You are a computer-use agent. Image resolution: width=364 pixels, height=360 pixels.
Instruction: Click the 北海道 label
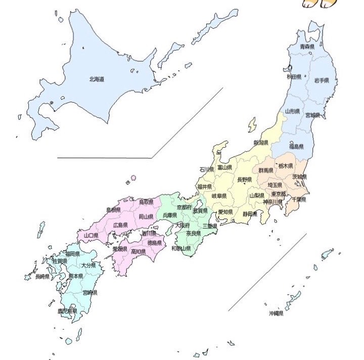point(96,79)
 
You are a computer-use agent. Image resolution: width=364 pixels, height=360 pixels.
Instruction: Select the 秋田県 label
point(294,77)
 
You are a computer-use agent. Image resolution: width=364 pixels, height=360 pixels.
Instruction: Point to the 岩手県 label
point(321,80)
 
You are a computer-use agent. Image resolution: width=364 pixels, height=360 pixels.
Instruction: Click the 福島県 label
point(296,147)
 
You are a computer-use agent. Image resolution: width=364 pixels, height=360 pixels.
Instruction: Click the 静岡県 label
point(250,214)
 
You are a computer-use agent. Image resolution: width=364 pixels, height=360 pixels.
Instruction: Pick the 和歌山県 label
point(180,249)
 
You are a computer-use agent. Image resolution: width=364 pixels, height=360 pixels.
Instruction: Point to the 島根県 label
point(113,209)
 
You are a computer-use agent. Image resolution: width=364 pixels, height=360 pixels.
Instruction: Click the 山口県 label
point(91,236)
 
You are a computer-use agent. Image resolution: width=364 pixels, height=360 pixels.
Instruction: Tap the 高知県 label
point(139,251)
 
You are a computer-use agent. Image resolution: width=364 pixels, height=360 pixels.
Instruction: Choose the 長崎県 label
point(42,277)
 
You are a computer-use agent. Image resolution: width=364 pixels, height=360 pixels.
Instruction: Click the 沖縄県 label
point(276,313)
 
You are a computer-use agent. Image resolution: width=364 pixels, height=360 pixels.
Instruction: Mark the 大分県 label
point(89,265)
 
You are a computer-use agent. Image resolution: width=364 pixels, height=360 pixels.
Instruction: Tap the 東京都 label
point(279,194)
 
